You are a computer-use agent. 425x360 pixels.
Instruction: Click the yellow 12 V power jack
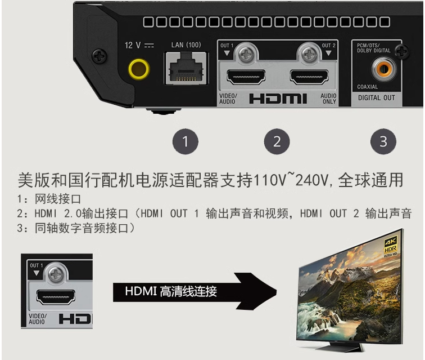pos(139,69)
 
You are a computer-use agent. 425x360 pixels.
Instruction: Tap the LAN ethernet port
pos(186,69)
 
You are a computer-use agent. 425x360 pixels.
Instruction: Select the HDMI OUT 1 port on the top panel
pos(246,77)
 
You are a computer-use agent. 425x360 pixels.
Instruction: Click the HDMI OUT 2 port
pos(309,77)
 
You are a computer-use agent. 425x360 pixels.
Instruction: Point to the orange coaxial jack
pos(383,69)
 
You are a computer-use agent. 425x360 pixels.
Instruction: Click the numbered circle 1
pos(186,141)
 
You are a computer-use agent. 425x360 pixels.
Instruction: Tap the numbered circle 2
pos(277,141)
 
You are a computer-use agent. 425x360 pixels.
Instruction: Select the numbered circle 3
pos(383,141)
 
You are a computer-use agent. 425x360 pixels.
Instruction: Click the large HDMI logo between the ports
pos(278,99)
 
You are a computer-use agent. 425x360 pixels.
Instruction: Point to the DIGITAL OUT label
pos(377,98)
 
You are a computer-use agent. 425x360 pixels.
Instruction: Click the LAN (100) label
pos(186,45)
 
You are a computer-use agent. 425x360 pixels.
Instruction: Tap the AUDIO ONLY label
pos(328,99)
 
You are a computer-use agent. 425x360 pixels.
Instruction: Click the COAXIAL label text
pos(367,87)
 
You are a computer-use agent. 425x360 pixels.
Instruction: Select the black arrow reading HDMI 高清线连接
pos(195,291)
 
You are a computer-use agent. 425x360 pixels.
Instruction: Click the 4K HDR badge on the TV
pos(391,246)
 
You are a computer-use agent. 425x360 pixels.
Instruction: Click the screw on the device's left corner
pos(100,56)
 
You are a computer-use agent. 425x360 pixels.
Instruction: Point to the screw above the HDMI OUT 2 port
pos(309,54)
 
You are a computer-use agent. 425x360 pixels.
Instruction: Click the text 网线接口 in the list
pos(58,199)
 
